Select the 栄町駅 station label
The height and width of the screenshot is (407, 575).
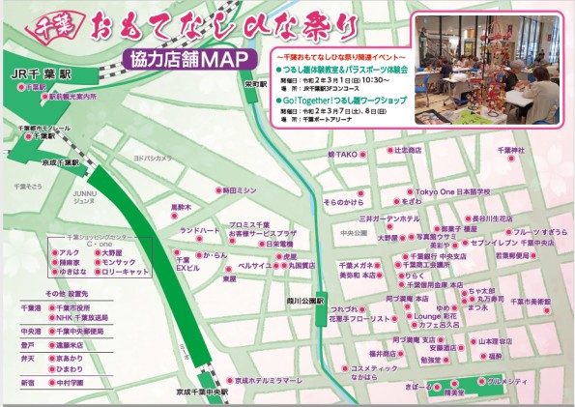[255, 84]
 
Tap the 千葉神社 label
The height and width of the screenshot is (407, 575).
[509, 151]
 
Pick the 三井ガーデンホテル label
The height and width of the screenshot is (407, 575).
[388, 219]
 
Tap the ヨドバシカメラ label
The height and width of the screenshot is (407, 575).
[152, 157]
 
